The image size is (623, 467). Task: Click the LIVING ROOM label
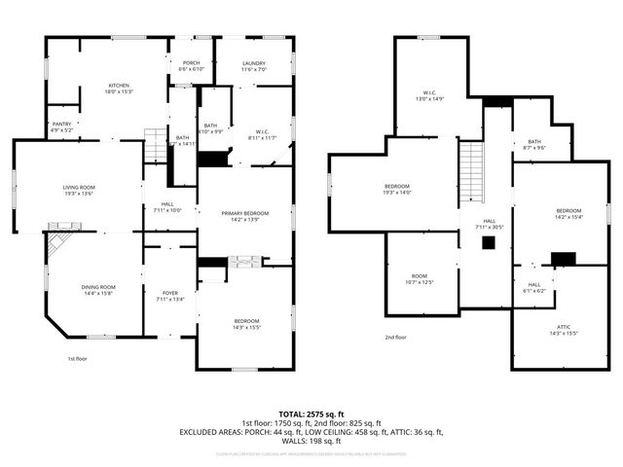pyautogui.click(x=78, y=190)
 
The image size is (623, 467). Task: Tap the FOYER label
pyautogui.click(x=170, y=296)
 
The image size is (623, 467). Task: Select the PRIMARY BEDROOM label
pyautogui.click(x=244, y=216)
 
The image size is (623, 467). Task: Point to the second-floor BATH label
pyautogui.click(x=534, y=145)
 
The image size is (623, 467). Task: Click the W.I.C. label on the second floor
pyautogui.click(x=429, y=95)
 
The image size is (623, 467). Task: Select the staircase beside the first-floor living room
pyautogui.click(x=155, y=146)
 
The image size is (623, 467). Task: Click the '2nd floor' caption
pyautogui.click(x=395, y=338)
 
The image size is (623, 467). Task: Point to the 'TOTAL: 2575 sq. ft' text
pyautogui.click(x=311, y=413)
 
